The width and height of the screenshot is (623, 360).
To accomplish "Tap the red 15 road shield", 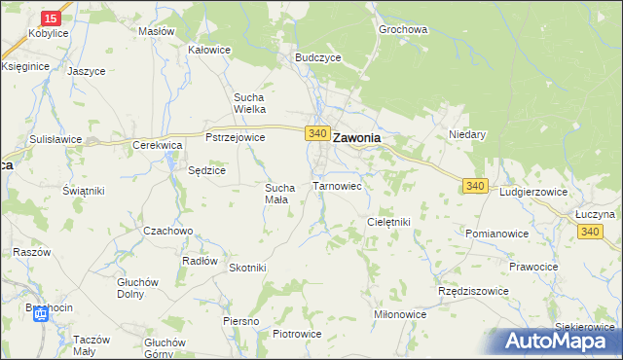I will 53,18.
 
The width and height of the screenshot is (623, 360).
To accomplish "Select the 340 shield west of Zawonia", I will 316,131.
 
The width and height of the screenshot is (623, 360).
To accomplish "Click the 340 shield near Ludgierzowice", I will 474,186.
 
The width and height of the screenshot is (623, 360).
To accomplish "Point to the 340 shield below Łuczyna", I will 589,231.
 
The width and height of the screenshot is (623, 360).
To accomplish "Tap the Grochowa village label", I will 403,29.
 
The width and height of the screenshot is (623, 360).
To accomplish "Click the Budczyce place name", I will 318,57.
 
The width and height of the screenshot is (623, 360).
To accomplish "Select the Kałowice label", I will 209,49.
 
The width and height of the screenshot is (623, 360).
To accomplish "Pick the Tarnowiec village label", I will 337,185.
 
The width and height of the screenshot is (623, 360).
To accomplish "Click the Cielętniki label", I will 388,222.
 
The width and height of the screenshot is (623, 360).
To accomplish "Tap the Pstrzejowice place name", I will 235,138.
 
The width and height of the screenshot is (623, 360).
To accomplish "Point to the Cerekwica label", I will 158,145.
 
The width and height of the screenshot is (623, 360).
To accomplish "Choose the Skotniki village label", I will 247,268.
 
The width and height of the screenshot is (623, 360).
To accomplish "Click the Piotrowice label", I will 297,334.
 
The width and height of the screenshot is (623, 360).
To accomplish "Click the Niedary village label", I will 466,134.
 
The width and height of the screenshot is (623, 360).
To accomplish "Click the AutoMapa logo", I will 558,341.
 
